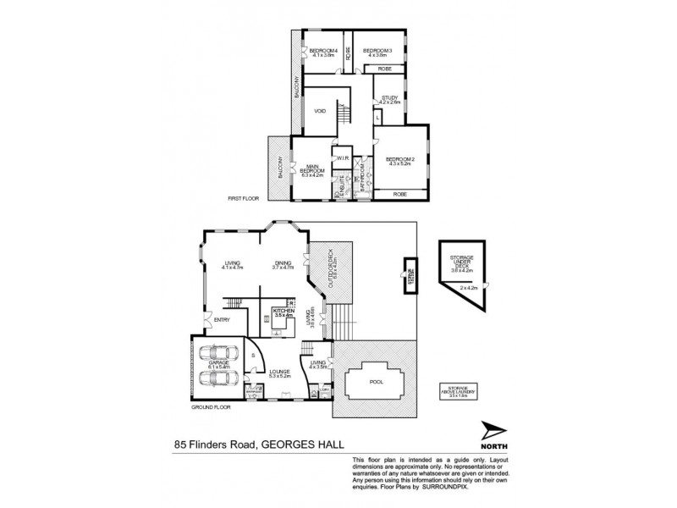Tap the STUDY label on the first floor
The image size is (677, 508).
389,98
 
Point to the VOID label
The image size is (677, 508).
320,111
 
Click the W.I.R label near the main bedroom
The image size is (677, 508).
344,157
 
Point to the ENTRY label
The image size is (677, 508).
223,319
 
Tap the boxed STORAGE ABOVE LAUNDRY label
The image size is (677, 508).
459,393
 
